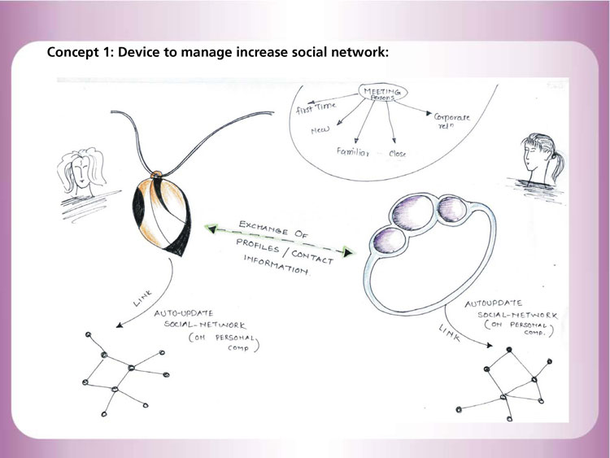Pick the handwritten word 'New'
(319, 130)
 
